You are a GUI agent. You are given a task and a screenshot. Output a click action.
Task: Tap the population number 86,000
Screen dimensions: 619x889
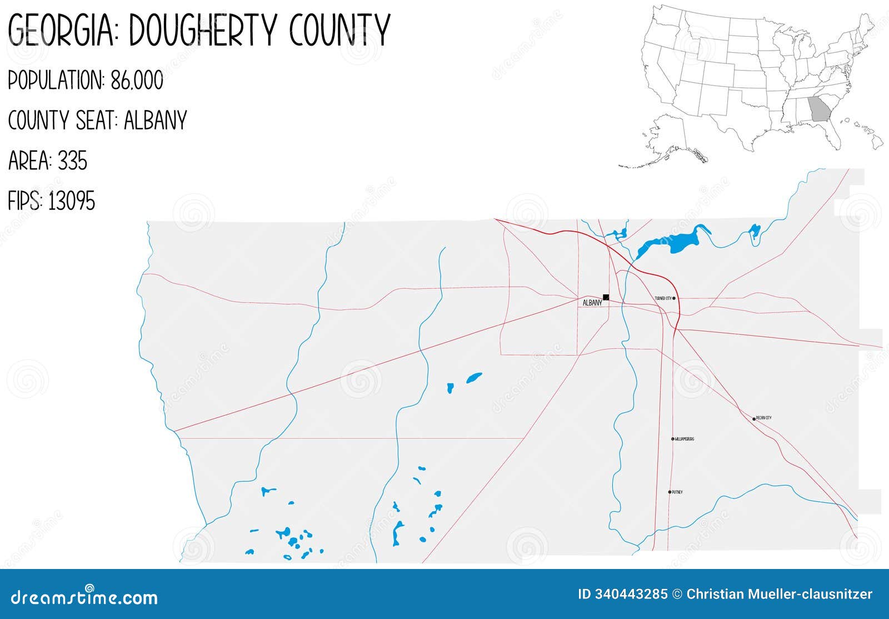[137, 81]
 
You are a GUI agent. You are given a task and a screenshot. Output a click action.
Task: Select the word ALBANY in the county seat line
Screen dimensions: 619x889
[155, 121]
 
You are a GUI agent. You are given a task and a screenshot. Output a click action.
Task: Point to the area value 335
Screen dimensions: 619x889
[72, 161]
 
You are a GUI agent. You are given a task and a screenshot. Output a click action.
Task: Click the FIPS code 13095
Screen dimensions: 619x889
[71, 201]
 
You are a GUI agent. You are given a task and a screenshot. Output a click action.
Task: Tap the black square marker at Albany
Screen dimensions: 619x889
[606, 297]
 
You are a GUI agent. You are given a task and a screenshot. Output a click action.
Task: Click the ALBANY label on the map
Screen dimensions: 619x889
[592, 303]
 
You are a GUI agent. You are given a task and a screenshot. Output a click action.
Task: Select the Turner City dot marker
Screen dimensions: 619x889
[674, 298]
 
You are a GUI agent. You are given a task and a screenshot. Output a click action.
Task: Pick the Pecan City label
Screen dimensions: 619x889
[764, 418]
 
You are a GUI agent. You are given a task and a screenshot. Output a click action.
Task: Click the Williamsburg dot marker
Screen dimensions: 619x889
[673, 439]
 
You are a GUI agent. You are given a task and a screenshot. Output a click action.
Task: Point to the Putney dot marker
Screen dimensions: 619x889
[670, 492]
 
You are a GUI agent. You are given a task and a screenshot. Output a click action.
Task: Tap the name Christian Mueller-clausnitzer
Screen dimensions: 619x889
[780, 594]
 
